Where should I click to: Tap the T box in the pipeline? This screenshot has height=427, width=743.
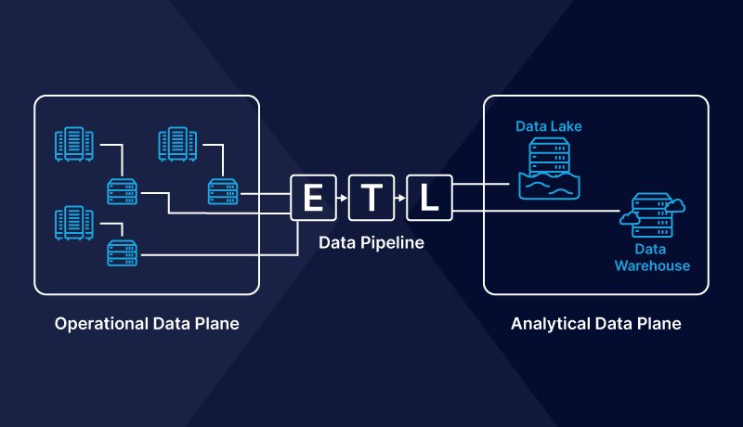click(371, 198)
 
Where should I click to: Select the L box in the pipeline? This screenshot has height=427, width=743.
click(428, 198)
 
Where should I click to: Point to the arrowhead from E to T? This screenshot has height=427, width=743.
click(344, 198)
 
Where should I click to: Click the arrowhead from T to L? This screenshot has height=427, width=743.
click(401, 198)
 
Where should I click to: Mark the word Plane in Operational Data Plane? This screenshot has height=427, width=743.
click(217, 324)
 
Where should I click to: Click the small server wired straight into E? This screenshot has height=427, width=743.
click(223, 191)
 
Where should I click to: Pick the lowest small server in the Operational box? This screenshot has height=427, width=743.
click(122, 253)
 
